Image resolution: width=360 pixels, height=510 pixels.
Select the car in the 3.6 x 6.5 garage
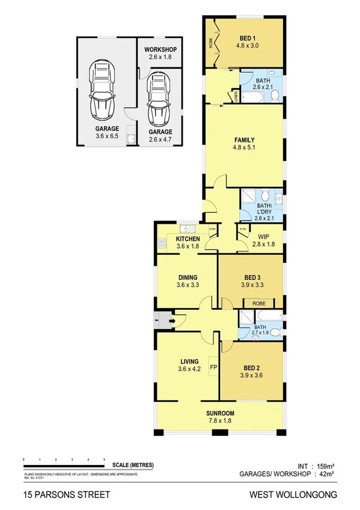point(103,91)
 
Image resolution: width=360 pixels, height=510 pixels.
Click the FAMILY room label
point(244,140)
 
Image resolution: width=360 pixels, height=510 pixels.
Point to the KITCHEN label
point(188,239)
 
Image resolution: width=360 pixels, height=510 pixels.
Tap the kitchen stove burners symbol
point(162,244)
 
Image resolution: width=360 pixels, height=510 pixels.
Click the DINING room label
point(188,277)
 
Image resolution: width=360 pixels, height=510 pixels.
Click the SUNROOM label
point(221,413)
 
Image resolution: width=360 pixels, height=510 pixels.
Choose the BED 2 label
point(252,367)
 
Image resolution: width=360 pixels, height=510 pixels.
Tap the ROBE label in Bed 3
point(259,304)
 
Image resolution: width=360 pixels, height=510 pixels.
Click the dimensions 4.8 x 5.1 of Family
point(244,149)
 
